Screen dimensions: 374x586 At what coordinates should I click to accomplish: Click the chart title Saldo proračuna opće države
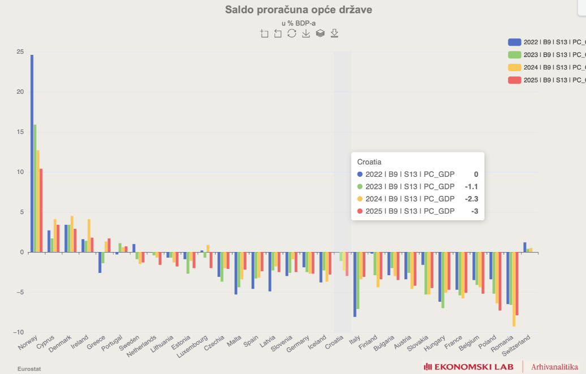pos(299,10)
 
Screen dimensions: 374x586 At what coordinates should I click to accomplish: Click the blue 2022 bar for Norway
pos(32,153)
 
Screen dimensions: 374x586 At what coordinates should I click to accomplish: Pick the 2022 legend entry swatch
pos(514,42)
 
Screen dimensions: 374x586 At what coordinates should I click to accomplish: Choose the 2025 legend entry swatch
pos(514,80)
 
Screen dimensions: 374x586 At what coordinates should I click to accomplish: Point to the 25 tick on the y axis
pos(20,52)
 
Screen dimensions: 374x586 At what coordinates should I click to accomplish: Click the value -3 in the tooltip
pos(475,211)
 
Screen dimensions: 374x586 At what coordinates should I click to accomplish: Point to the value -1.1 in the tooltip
pos(472,186)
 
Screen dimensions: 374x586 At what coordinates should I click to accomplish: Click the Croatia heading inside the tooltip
pos(369,162)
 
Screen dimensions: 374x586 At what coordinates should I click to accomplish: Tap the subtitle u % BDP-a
pos(299,23)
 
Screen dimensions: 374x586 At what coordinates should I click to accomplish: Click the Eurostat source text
pos(29,369)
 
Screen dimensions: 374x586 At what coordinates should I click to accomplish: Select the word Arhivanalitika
pos(554,367)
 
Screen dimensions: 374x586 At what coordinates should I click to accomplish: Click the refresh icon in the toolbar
pos(292,33)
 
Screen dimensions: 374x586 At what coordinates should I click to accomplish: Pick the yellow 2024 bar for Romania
pos(514,289)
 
